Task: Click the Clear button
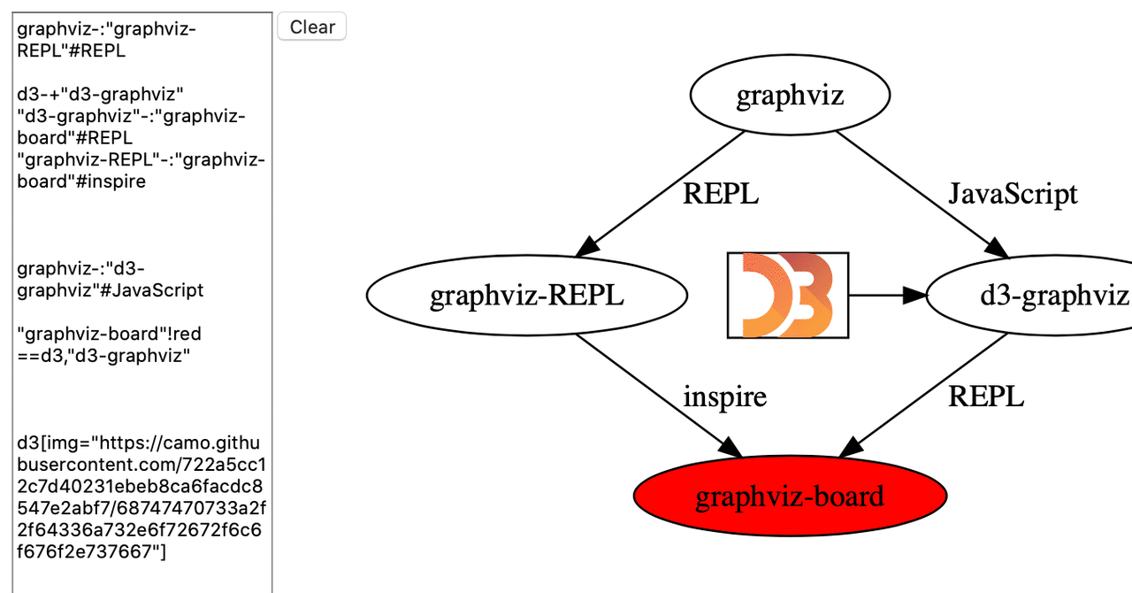click(312, 27)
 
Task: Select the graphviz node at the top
click(790, 96)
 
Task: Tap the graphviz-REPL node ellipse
click(526, 296)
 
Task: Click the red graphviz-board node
click(790, 496)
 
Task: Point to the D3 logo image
click(787, 295)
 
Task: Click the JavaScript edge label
click(1013, 194)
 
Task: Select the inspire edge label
click(724, 397)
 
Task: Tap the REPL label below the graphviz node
click(720, 194)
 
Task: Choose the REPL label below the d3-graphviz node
click(985, 397)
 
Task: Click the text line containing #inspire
click(81, 181)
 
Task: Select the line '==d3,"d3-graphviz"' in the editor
click(103, 356)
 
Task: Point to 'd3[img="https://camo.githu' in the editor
click(140, 443)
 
